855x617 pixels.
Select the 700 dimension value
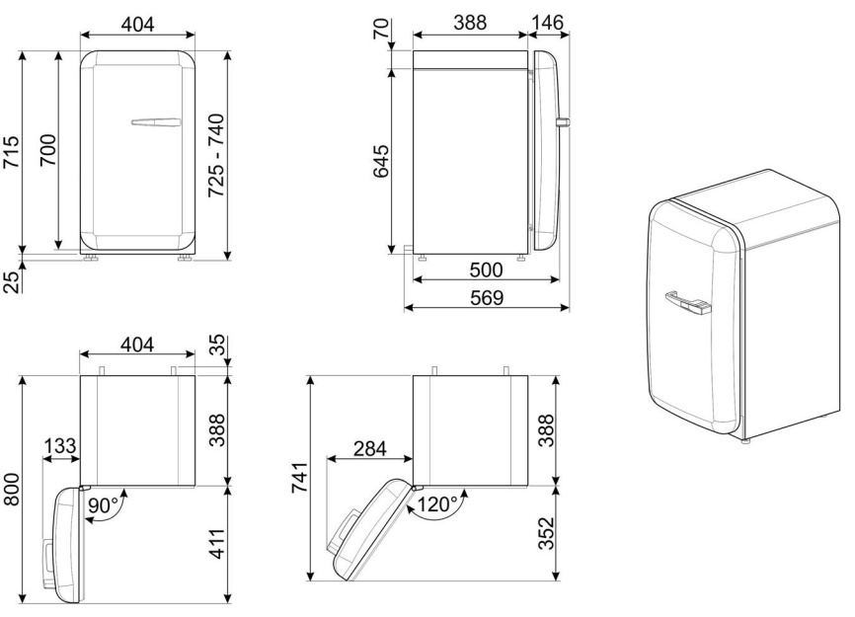coord(47,150)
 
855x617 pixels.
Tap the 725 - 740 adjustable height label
coord(216,155)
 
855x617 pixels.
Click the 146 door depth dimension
coord(547,23)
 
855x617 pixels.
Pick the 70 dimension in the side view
coord(381,29)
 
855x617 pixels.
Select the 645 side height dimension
coord(381,161)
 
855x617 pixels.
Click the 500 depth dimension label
coord(486,270)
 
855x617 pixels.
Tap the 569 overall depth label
coord(487,297)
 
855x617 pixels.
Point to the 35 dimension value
coord(217,345)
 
